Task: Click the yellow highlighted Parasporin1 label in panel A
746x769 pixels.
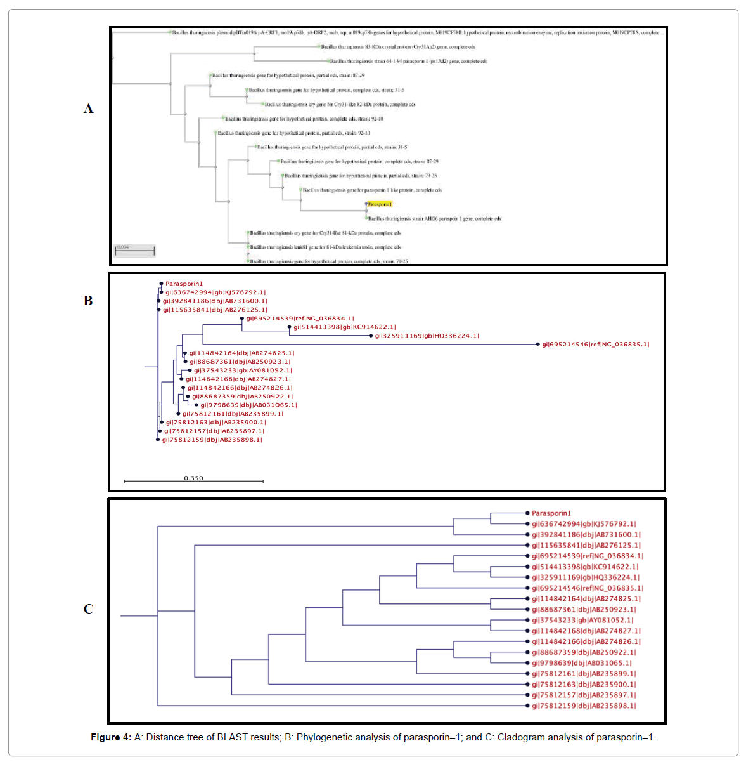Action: [x=380, y=204]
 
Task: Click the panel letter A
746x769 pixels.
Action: [x=88, y=108]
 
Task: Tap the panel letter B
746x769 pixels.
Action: [x=88, y=301]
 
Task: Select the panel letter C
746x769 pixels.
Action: [x=88, y=609]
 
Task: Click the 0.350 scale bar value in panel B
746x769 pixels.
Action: [x=193, y=478]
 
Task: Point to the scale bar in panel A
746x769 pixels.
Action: [x=135, y=252]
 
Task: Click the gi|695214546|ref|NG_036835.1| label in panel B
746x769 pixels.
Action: [x=595, y=345]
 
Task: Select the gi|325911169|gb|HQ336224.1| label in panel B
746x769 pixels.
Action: [x=427, y=336]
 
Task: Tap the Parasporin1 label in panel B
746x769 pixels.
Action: [x=184, y=284]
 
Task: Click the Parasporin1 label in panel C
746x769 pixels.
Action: [x=551, y=513]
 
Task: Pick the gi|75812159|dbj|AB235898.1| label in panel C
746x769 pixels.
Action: [x=584, y=706]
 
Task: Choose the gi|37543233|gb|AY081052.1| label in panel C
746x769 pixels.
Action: [x=582, y=621]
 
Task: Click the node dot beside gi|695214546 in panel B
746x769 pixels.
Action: [x=538, y=345]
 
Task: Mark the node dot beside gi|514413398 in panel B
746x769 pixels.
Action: [x=290, y=327]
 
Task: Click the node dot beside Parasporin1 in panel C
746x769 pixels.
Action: [x=527, y=513]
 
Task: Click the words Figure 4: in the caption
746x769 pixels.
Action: [x=111, y=737]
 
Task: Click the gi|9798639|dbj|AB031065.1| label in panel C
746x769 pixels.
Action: [x=581, y=663]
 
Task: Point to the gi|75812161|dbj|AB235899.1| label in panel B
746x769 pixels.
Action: [x=233, y=414]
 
